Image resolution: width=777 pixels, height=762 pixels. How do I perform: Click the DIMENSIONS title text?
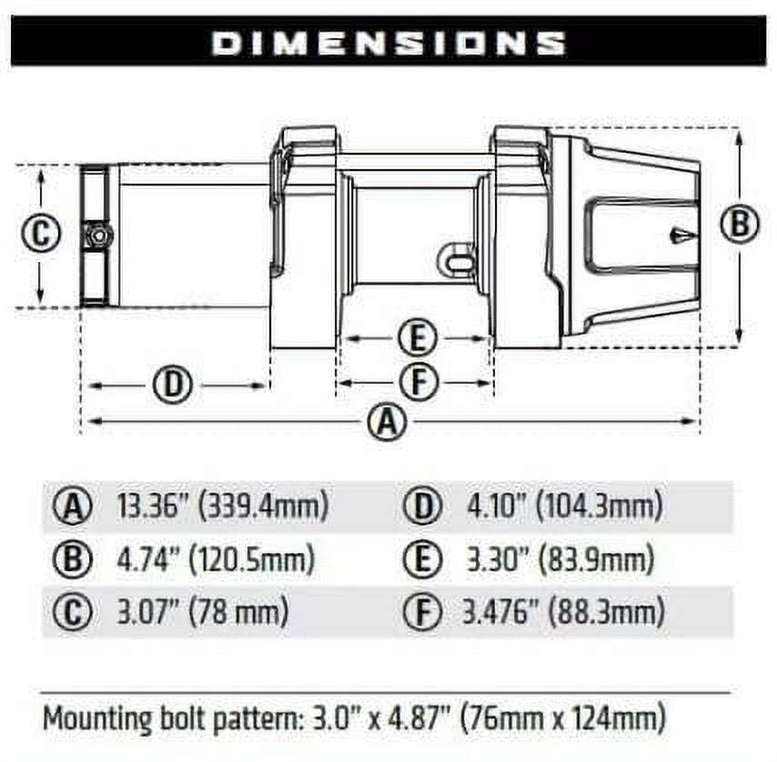pos(388,43)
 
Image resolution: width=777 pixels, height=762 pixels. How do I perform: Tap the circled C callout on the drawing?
pos(41,233)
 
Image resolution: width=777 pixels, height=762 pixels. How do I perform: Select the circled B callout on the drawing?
pos(739,224)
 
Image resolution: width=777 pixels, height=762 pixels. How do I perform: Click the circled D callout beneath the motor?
pos(173,385)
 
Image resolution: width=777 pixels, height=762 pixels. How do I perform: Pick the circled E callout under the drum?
pos(418,338)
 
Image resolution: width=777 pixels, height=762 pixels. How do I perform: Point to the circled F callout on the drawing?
pos(419,382)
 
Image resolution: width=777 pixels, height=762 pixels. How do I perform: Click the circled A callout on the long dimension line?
pos(388,422)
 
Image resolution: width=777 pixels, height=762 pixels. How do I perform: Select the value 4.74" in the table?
pos(147,559)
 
